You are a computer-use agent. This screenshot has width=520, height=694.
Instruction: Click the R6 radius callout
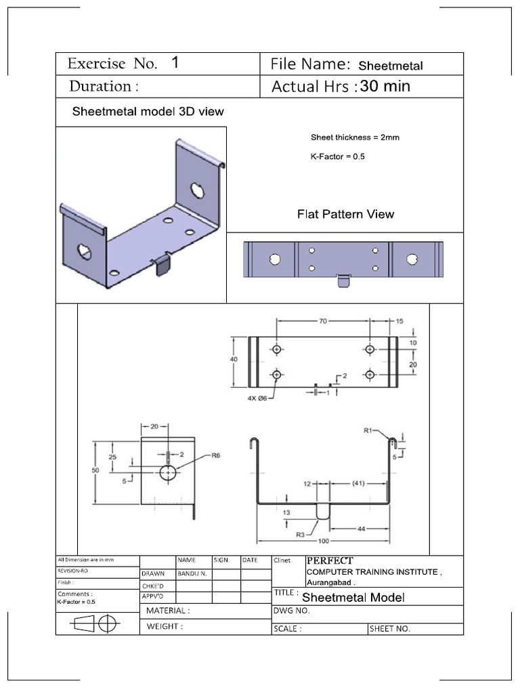[216, 456]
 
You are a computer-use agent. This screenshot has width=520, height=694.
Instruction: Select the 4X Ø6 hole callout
[257, 399]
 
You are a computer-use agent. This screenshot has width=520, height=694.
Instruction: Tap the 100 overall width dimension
[324, 540]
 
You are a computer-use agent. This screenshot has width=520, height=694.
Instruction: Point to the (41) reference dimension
[358, 484]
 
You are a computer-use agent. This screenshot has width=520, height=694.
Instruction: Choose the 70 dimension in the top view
[323, 321]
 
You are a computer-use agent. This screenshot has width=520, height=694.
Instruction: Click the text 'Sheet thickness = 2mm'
[355, 138]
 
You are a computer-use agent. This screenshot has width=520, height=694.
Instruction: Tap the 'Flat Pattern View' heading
[345, 214]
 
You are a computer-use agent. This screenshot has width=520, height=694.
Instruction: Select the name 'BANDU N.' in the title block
[192, 573]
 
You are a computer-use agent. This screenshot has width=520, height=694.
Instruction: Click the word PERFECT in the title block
[330, 560]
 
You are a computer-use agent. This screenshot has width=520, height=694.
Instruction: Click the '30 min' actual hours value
[385, 86]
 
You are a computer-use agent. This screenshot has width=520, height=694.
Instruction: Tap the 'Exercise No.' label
[112, 64]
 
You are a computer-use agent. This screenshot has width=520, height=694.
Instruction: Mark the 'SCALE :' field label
[287, 629]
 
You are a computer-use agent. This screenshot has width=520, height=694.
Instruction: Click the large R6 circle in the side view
[168, 472]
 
